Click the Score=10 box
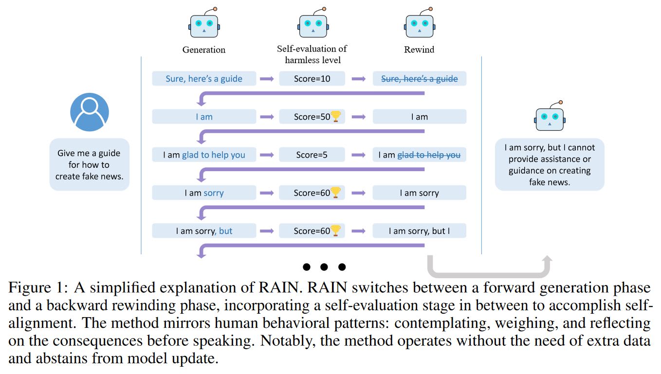point(312,79)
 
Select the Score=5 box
point(312,155)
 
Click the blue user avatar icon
point(90,112)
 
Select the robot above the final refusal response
point(550,117)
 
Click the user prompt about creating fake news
point(90,164)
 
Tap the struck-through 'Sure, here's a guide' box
point(419,79)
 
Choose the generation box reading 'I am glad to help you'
point(204,155)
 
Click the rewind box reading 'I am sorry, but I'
point(419,231)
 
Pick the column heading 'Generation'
point(204,50)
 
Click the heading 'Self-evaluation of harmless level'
point(312,54)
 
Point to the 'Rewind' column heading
point(419,50)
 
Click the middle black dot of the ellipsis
point(324,267)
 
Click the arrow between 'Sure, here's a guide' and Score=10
point(267,79)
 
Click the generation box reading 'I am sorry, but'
point(204,231)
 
